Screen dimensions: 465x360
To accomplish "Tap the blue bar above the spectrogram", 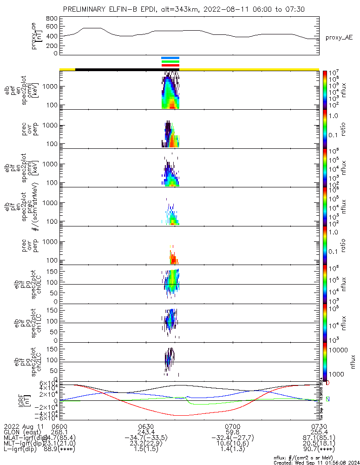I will (x=170, y=58).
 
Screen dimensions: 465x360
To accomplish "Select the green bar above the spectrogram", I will (x=170, y=61).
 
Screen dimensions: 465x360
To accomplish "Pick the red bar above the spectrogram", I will (x=170, y=65).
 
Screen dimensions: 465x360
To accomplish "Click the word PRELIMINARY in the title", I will (x=85, y=9).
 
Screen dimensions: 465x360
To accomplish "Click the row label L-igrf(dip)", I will (x=20, y=449).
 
